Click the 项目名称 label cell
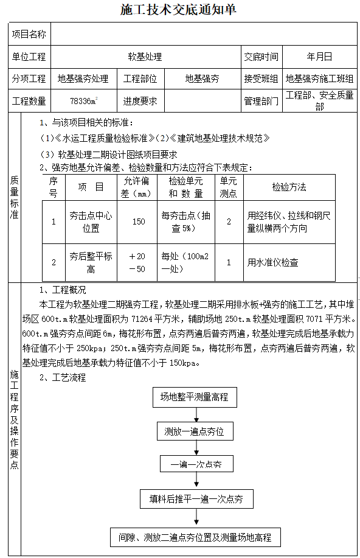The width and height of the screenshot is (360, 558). tap(29, 34)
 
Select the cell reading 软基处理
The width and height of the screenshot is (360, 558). tap(145, 57)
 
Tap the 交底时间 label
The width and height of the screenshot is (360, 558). tap(261, 57)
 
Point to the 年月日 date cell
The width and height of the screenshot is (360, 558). tap(319, 57)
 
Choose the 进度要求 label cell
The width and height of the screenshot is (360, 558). tap(140, 100)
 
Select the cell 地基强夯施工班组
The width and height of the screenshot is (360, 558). tap(319, 78)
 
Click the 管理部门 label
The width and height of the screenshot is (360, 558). tap(261, 100)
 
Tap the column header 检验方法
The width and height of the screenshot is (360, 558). tap(289, 187)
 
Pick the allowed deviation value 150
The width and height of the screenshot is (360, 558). tap(139, 221)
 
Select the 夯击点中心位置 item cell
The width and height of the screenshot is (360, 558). tap(91, 222)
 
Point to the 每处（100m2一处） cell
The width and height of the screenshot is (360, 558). tap(185, 262)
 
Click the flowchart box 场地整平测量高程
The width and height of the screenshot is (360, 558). tap(194, 397)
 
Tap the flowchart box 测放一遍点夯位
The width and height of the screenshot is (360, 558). tap(194, 431)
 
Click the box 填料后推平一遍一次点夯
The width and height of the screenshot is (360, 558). tap(196, 499)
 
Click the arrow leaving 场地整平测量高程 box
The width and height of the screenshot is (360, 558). tap(196, 414)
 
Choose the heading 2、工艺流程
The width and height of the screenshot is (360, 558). tap(63, 377)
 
